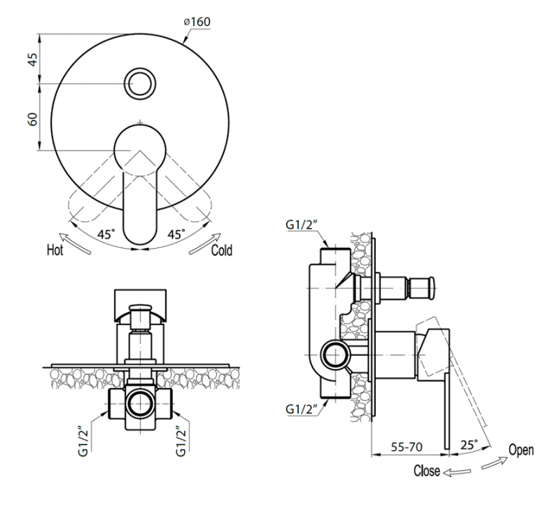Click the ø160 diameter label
point(197,22)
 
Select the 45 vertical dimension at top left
point(31,59)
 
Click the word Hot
point(55,250)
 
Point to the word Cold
point(222,250)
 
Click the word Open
point(521,450)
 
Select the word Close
point(427,471)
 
